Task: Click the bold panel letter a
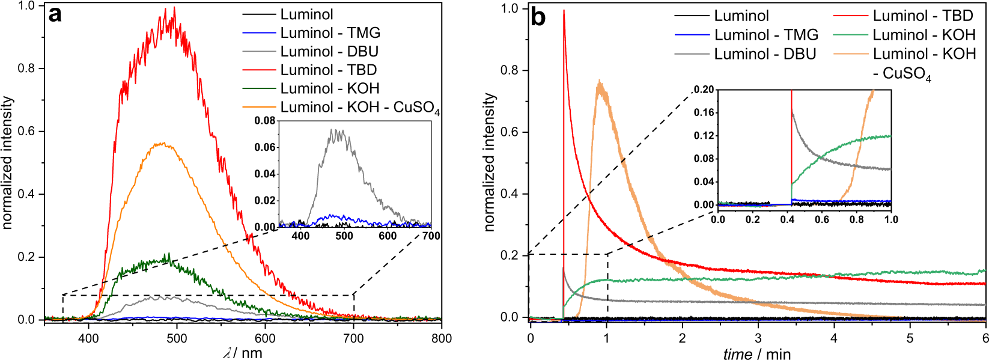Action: pos(55,14)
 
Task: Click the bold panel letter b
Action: pos(538,17)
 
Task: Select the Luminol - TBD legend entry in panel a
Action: pos(328,70)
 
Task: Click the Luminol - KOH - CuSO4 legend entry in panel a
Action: pos(359,107)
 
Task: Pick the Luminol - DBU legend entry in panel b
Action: pos(764,54)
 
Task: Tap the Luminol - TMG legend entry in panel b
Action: pos(765,35)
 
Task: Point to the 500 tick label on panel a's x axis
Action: pos(177,338)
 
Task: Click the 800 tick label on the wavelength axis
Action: pos(441,338)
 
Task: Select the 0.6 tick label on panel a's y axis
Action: pos(26,131)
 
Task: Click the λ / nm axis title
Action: pos(243,353)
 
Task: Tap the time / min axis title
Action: pos(756,354)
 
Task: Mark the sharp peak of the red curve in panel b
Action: pos(564,11)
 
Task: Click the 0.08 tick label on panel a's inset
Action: pos(264,121)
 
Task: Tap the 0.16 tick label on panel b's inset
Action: pos(704,112)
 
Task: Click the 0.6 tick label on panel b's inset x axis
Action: pos(822,219)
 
